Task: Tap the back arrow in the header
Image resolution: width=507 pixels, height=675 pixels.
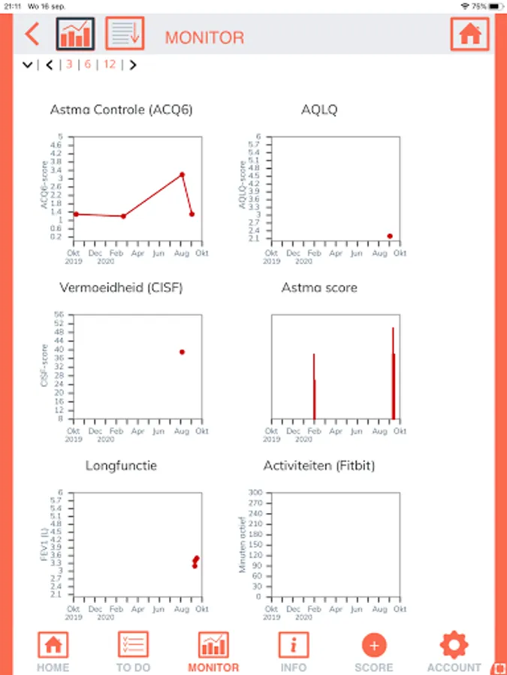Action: (32, 34)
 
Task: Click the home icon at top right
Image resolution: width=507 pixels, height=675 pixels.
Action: (469, 34)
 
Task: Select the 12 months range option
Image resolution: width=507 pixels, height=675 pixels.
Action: (110, 64)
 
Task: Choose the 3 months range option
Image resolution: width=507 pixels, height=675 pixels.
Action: (69, 64)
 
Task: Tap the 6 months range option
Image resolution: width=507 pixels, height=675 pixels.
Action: (88, 64)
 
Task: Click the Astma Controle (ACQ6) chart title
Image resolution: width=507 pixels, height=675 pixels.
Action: (121, 110)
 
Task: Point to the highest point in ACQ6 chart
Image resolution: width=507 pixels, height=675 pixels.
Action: (182, 175)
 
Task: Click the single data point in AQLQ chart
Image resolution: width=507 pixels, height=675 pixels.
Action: (390, 236)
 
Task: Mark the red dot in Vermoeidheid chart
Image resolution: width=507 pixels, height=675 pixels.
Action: (182, 352)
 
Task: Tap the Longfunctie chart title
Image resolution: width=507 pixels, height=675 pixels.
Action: (121, 466)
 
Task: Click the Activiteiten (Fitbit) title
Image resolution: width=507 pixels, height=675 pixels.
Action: (319, 466)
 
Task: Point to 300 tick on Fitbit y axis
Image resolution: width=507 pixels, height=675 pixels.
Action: (256, 493)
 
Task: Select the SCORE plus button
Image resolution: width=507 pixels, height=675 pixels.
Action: (374, 644)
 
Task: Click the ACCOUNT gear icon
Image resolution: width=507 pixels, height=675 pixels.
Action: (454, 644)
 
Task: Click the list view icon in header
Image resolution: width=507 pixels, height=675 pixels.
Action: (124, 34)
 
